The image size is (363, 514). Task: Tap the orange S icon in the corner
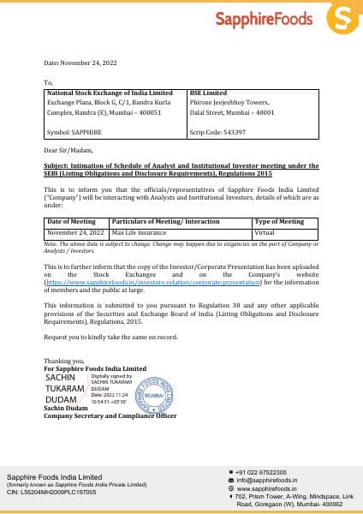pyautogui.click(x=343, y=19)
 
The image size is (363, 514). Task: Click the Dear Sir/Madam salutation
pyautogui.click(x=67, y=151)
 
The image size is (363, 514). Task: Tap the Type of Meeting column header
pyautogui.click(x=279, y=221)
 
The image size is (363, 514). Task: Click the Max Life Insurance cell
pyautogui.click(x=139, y=232)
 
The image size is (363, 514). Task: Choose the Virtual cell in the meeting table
pyautogui.click(x=264, y=232)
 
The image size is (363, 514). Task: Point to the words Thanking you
pyautogui.click(x=62, y=362)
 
